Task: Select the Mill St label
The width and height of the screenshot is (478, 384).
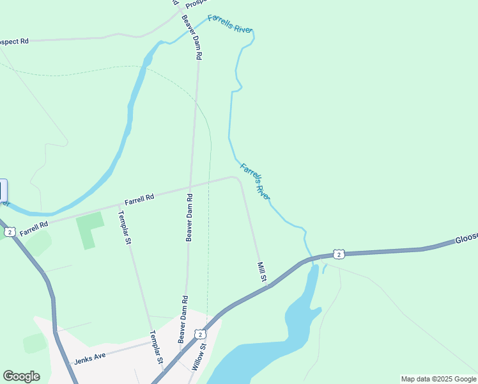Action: (x=261, y=271)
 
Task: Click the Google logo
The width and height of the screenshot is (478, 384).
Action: (x=21, y=376)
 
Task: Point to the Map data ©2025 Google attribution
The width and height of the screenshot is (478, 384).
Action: (x=438, y=379)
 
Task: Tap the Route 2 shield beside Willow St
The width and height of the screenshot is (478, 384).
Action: (x=200, y=334)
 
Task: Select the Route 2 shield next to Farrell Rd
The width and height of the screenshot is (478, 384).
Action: (x=9, y=232)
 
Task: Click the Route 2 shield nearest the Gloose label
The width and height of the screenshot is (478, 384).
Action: (x=339, y=254)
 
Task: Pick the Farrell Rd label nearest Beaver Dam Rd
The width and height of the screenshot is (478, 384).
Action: (x=139, y=200)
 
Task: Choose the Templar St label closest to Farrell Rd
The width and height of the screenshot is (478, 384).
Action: (x=124, y=228)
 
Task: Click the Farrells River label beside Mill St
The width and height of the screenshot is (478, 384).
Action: (x=254, y=181)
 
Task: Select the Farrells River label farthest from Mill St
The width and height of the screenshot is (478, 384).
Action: (x=230, y=24)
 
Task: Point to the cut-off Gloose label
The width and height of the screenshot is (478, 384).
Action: (x=466, y=239)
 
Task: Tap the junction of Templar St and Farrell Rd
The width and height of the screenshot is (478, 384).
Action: (x=119, y=206)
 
